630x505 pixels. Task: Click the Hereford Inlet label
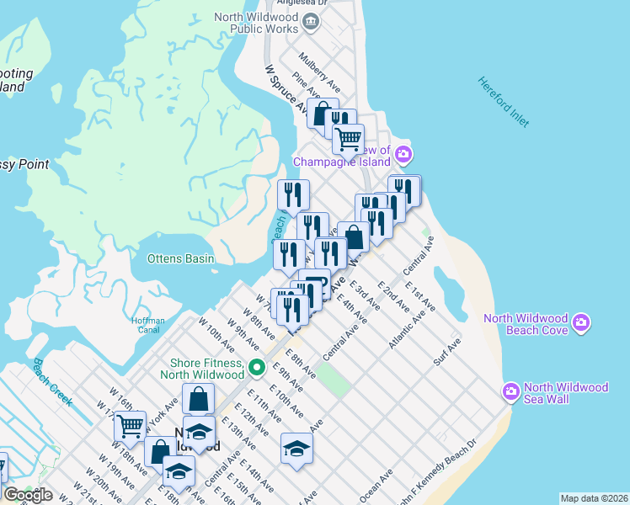coord(504,102)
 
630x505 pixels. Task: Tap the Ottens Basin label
coord(180,258)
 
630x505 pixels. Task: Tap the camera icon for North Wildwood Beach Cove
coord(581,322)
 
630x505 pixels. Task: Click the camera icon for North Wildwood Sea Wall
coord(510,391)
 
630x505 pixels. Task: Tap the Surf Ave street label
coord(447,354)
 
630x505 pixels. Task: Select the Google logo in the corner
coord(28,494)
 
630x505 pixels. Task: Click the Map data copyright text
coord(594,498)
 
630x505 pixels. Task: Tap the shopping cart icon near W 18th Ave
coord(130,426)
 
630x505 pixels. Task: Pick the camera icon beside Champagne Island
coord(403,153)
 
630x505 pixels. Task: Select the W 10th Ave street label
coord(216,334)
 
